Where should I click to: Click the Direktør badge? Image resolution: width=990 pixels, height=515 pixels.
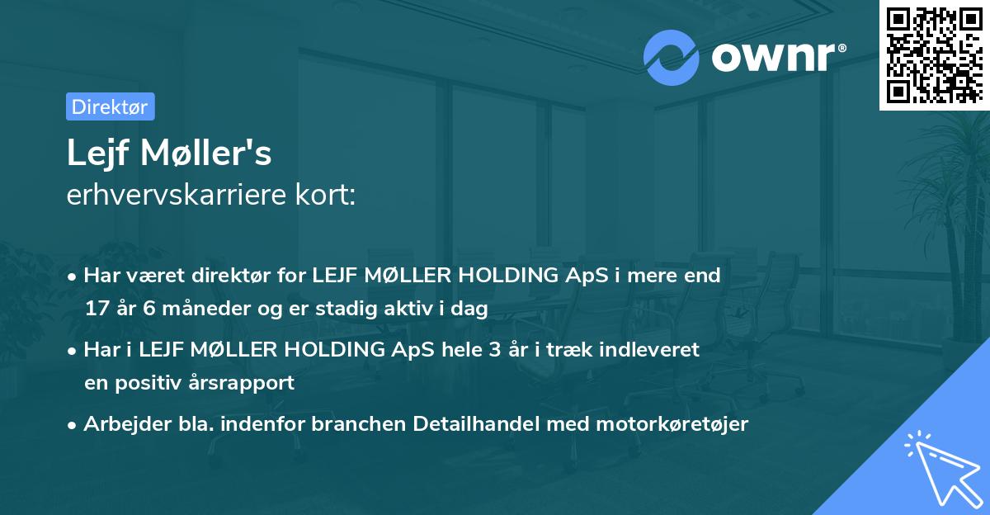tap(110, 106)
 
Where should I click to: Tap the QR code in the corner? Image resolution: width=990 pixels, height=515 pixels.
tap(933, 54)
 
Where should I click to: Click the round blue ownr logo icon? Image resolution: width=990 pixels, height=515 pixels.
tap(672, 56)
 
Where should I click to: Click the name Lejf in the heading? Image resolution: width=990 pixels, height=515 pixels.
tap(97, 154)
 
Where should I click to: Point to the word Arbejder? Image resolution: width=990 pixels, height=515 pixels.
tap(121, 424)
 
